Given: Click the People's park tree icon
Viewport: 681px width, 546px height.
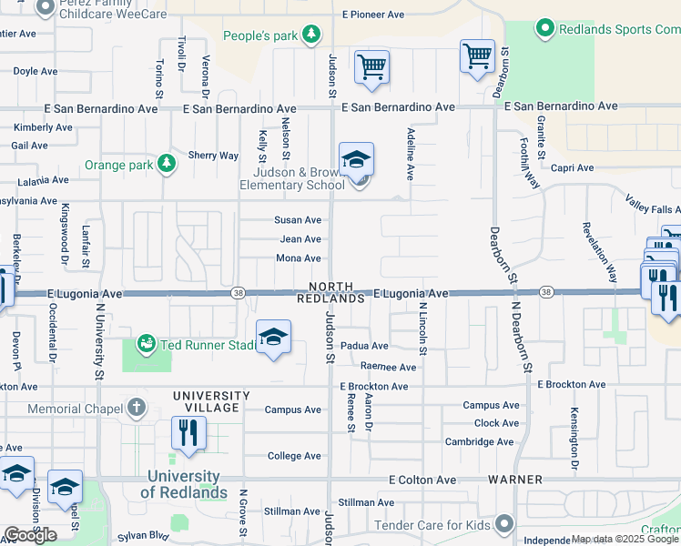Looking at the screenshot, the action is tap(312, 35).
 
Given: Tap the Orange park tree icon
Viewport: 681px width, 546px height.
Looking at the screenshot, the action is tap(166, 164).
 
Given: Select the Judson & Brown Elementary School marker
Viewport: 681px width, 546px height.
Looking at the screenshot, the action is tap(356, 161).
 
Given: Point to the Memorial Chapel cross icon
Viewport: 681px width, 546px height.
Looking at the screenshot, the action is tap(136, 408).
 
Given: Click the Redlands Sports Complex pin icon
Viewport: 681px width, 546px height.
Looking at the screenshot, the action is tap(545, 28).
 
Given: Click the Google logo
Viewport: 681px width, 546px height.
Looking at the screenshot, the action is tap(30, 535).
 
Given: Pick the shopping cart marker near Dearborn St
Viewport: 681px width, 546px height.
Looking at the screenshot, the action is tap(477, 57).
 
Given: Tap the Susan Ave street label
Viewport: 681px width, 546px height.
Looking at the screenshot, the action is tap(299, 220).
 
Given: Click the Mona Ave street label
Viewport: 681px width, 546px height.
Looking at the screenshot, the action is tap(299, 258).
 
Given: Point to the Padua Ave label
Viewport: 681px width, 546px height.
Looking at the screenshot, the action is tap(364, 346).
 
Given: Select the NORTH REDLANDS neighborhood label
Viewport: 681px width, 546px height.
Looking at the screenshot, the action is tap(330, 291).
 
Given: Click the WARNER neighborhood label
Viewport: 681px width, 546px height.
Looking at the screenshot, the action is tap(514, 480).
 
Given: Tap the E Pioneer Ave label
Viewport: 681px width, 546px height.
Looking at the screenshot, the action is tap(373, 15).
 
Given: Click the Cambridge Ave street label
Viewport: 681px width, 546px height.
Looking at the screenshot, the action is tap(480, 442).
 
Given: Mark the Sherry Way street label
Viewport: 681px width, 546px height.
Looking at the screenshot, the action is tap(213, 156).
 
